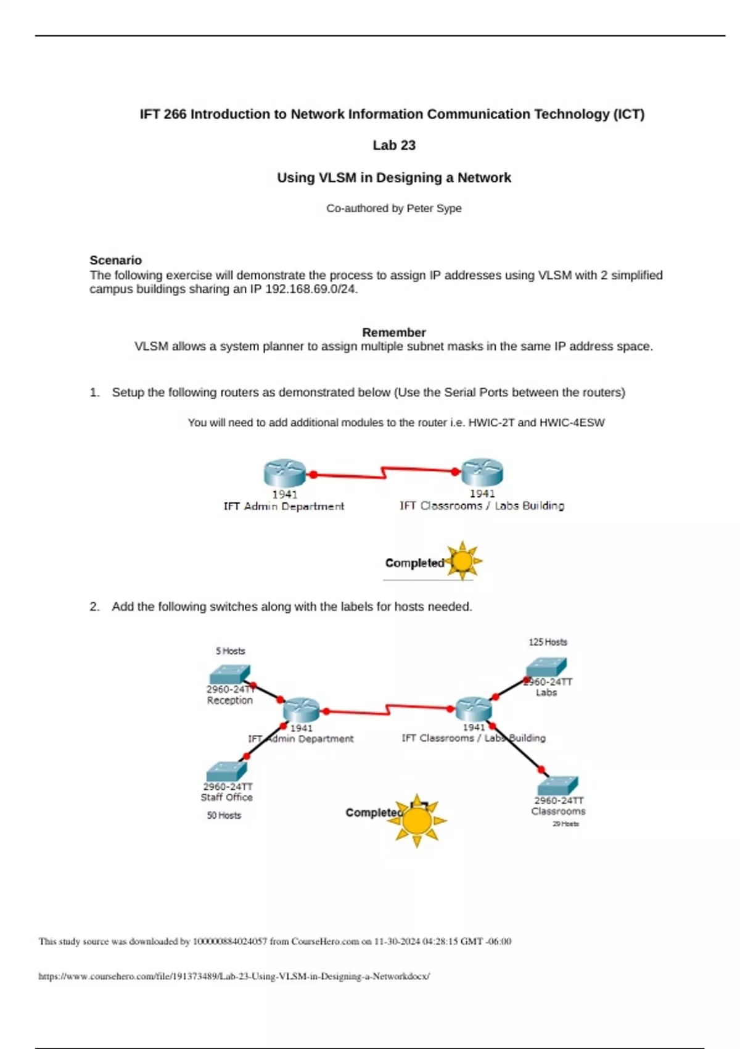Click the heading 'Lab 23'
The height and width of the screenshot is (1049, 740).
[394, 146]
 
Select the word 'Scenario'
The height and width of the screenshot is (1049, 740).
[115, 260]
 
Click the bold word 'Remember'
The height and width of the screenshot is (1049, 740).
[393, 333]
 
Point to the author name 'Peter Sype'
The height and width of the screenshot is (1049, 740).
[434, 209]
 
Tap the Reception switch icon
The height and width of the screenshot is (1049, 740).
[229, 674]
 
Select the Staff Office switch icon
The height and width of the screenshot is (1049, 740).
[226, 772]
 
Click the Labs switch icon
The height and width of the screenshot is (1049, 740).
[546, 668]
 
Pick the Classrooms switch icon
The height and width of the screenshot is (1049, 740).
[557, 786]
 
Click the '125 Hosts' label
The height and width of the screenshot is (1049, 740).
[548, 642]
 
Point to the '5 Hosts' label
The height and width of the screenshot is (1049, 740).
[230, 651]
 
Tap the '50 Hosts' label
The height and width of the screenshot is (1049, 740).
[224, 816]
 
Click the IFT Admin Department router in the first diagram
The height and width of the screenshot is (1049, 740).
[284, 473]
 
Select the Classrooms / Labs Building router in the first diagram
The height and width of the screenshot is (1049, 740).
[482, 473]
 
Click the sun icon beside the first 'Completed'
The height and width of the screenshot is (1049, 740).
[462, 561]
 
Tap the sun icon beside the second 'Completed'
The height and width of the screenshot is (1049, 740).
[417, 820]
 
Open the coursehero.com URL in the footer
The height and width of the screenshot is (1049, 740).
[234, 976]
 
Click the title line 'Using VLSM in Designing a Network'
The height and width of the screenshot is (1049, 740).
[394, 178]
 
